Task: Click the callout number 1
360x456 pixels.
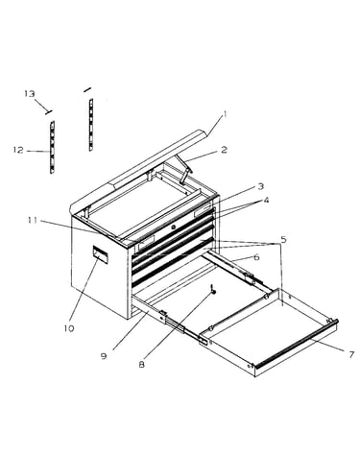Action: coord(225,114)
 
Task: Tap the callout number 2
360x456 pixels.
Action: coord(224,149)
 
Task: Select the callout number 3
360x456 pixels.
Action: coord(260,186)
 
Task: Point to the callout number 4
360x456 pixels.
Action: coord(266,201)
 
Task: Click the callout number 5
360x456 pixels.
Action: coord(283,239)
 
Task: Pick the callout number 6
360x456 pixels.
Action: coord(256,257)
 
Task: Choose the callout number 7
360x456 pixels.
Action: coord(351,354)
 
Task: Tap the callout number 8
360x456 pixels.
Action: coord(142,364)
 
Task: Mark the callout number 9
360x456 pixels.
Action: coord(104,356)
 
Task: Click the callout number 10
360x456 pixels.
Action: coord(69,328)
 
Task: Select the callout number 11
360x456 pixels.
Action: coord(32,220)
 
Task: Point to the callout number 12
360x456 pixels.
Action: coord(18,150)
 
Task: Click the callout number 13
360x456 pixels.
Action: coord(30,94)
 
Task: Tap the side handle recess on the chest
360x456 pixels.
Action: coord(100,255)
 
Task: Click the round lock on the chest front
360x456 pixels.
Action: coord(174,227)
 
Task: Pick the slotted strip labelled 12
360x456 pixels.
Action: coord(52,147)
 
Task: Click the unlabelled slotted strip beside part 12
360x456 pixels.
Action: coord(91,125)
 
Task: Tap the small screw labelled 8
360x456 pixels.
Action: coord(213,289)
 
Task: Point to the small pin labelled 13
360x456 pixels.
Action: coord(49,111)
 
